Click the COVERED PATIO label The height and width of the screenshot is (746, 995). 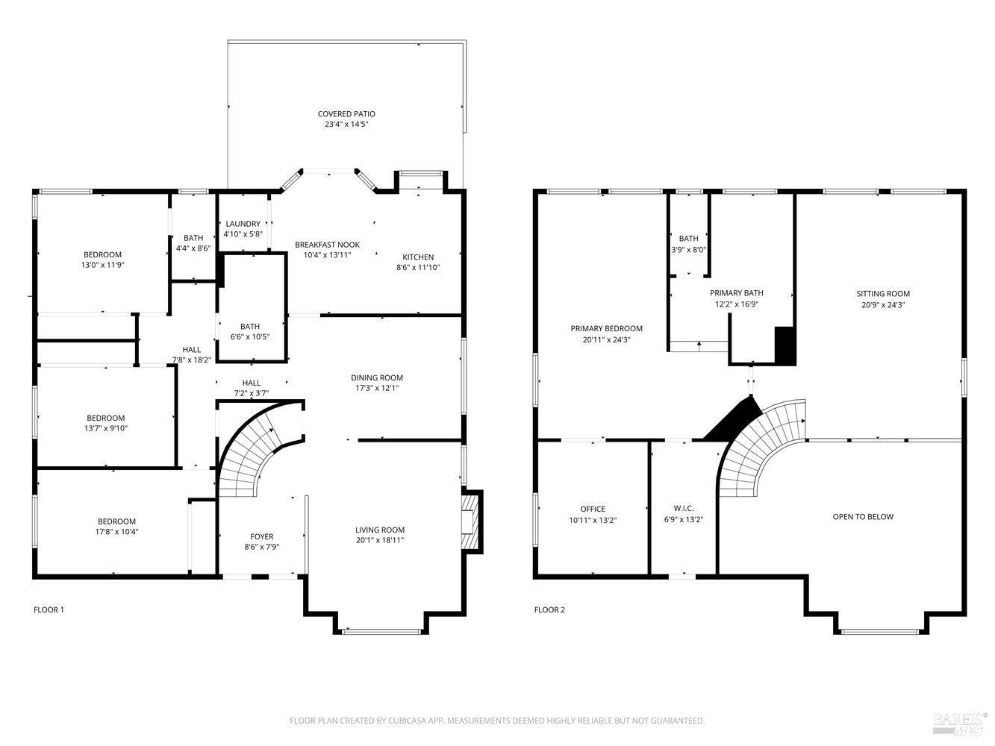(346, 113)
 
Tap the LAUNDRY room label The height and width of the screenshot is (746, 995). (243, 224)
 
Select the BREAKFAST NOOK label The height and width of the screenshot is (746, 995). (327, 245)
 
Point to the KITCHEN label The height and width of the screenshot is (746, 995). (418, 257)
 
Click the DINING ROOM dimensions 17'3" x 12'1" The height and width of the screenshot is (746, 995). (377, 388)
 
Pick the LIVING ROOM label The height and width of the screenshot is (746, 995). (379, 530)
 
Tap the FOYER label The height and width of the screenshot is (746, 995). (261, 536)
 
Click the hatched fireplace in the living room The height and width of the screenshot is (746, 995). (471, 521)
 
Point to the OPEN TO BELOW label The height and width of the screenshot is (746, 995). (863, 516)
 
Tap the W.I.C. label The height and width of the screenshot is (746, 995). (683, 508)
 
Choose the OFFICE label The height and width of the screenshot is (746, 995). (593, 509)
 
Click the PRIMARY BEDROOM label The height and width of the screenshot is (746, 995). (606, 328)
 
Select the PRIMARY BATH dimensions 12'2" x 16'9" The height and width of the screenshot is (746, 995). (736, 304)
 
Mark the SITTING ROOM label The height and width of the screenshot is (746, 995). (882, 293)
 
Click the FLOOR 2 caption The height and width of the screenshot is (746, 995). (549, 609)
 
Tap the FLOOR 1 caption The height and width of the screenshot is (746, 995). (49, 609)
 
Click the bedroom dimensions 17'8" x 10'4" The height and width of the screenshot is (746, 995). (116, 532)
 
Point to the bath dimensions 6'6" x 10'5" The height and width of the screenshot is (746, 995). (250, 336)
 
